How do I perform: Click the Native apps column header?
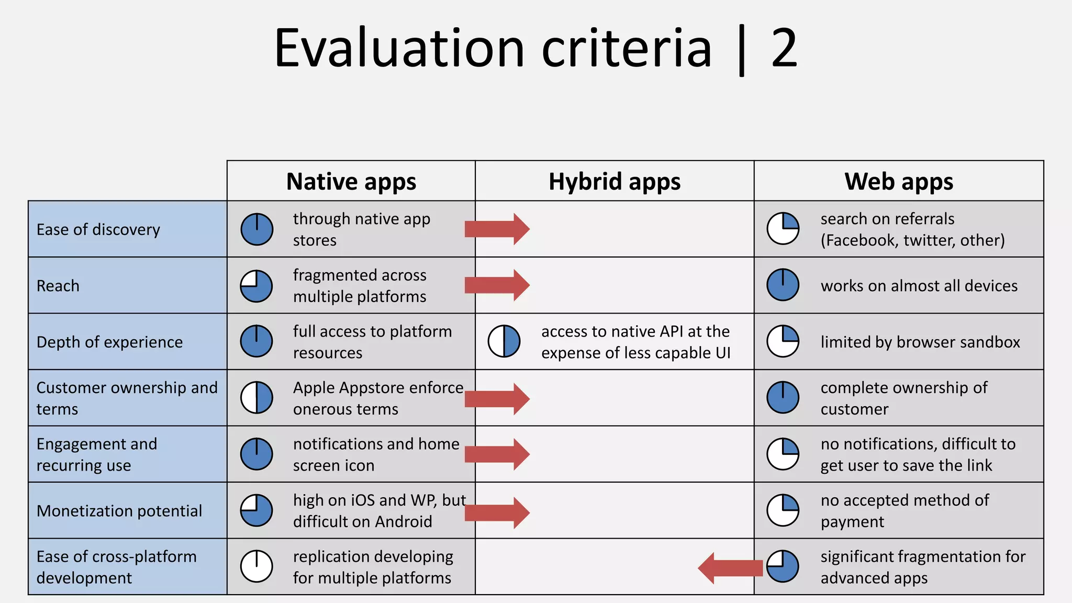point(351,182)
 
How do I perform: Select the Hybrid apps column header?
point(615,182)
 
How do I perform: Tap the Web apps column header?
point(899,182)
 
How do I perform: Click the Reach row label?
point(58,286)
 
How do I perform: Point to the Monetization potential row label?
point(119,511)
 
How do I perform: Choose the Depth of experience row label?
point(110,342)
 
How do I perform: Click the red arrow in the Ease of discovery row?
point(497,229)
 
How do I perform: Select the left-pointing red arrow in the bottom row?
point(730,568)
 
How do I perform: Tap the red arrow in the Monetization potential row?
point(497,512)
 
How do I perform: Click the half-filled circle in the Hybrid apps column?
point(504,341)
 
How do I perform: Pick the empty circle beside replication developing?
point(256,566)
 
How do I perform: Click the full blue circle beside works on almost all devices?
point(783,285)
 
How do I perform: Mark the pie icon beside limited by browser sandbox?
point(783,341)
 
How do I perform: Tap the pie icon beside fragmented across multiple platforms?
point(256,286)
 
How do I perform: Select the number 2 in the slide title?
point(784,48)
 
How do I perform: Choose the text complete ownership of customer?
point(903,398)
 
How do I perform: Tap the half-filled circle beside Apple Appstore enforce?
point(256,398)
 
